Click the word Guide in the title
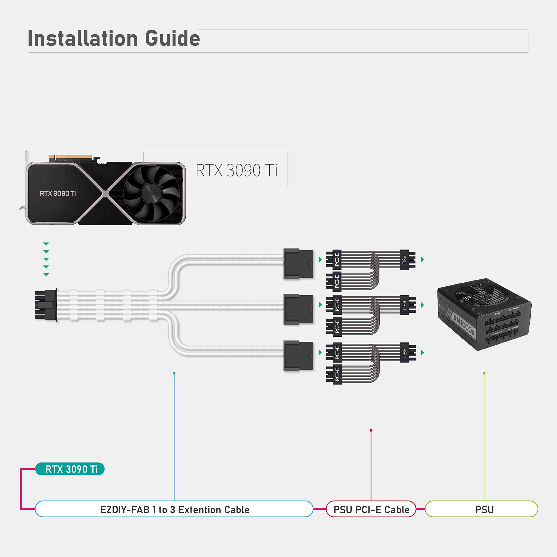[x=172, y=39]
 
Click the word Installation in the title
[x=83, y=39]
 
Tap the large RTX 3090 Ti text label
[x=237, y=170]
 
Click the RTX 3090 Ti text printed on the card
[x=58, y=193]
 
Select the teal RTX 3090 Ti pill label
[x=70, y=469]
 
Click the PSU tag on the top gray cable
[x=404, y=260]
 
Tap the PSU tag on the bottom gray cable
[x=404, y=353]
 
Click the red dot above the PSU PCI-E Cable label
[x=371, y=430]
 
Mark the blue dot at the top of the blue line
[x=174, y=373]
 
